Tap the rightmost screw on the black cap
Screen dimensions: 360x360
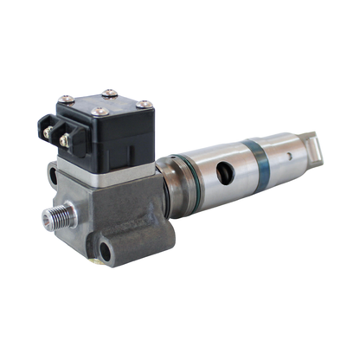point(146,105)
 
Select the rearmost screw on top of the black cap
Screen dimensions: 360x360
point(108,93)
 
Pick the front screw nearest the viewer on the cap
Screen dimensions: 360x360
point(101,112)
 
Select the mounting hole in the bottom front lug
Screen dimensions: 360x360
point(105,253)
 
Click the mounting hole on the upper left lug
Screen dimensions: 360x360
point(54,176)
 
